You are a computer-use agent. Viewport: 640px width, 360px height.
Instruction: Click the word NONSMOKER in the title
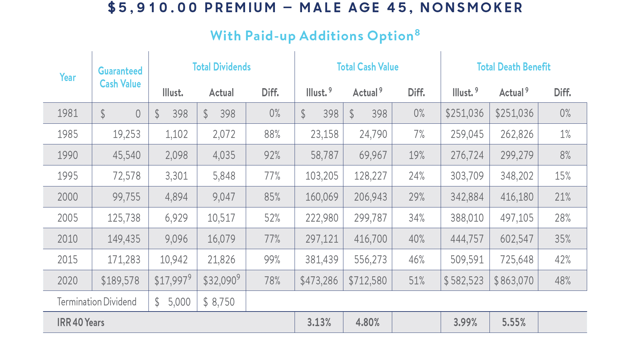point(472,7)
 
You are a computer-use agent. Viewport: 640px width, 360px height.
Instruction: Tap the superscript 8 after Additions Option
point(417,33)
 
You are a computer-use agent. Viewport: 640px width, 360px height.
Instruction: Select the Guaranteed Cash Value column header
point(120,77)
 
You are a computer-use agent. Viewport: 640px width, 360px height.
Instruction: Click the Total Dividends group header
point(222,67)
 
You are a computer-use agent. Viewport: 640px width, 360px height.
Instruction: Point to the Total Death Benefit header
point(514,67)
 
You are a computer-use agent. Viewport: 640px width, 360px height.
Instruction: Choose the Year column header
point(68,77)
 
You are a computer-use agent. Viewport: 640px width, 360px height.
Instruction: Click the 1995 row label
point(68,176)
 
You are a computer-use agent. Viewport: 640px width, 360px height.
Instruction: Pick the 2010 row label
point(68,239)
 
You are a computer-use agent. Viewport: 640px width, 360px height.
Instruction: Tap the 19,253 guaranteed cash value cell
point(126,134)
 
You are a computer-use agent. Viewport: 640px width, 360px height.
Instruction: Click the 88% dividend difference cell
point(272,134)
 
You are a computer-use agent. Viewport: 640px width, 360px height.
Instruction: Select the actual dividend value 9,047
point(224,197)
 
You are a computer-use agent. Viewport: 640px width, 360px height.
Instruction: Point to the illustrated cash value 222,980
point(322,218)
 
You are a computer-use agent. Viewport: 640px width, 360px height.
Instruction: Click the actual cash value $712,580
point(368,281)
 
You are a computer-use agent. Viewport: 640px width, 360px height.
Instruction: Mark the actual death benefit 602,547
point(517,239)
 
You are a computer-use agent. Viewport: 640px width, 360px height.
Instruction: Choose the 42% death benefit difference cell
point(563,260)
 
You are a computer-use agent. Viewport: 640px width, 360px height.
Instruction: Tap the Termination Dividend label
point(97,302)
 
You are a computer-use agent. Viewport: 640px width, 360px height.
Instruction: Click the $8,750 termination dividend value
point(219,302)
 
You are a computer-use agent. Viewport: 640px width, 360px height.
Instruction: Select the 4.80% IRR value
point(368,322)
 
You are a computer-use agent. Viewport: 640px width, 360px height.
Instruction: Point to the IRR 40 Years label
point(81,322)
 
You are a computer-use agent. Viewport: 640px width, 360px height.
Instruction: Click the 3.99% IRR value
point(465,322)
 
